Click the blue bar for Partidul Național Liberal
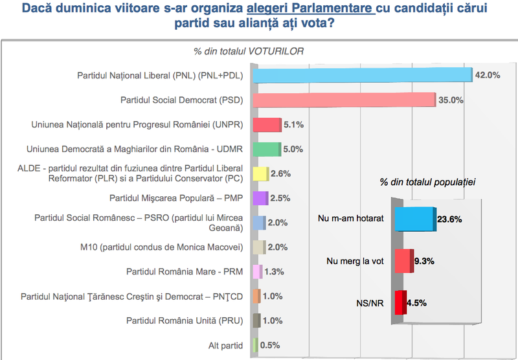pyautogui.click(x=363, y=76)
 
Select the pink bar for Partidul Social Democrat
pyautogui.click(x=343, y=100)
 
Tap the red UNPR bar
pyautogui.click(x=266, y=125)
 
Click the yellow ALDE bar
pyautogui.click(x=260, y=174)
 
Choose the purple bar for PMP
pyautogui.click(x=259, y=198)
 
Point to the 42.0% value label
pyautogui.click(x=488, y=75)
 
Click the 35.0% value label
pyautogui.click(x=451, y=100)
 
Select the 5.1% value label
pyautogui.click(x=295, y=124)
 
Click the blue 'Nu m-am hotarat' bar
pyautogui.click(x=414, y=219)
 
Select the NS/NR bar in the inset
pyautogui.click(x=400, y=302)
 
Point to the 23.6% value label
pyautogui.click(x=449, y=219)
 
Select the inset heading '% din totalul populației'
pyautogui.click(x=428, y=183)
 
